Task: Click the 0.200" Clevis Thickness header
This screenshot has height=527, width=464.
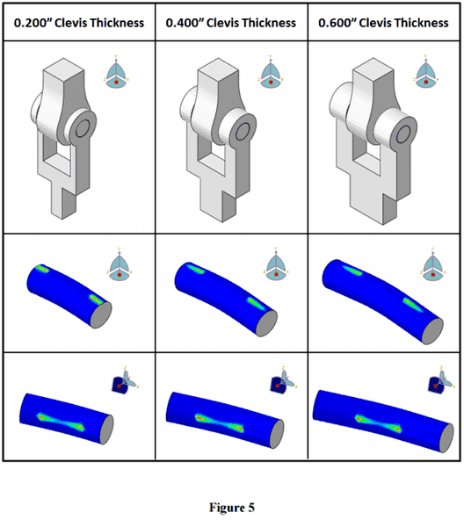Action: [79, 23]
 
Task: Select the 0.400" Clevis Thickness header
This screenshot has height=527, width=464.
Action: [231, 23]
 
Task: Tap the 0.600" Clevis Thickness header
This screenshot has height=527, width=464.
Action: [383, 23]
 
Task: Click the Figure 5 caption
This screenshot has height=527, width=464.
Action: [232, 507]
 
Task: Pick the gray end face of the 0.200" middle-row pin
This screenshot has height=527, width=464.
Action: [101, 314]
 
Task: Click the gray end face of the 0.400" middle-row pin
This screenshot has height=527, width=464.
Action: [266, 323]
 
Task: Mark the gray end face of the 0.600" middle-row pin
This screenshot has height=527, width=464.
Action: [432, 331]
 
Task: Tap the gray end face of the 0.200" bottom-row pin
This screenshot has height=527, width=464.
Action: [107, 430]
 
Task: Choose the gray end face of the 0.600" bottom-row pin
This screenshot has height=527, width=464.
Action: [446, 438]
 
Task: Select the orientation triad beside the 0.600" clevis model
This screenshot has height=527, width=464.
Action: [426, 71]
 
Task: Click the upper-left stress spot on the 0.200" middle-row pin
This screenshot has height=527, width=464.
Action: [42, 269]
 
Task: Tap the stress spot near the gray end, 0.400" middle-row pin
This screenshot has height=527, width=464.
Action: [257, 304]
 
